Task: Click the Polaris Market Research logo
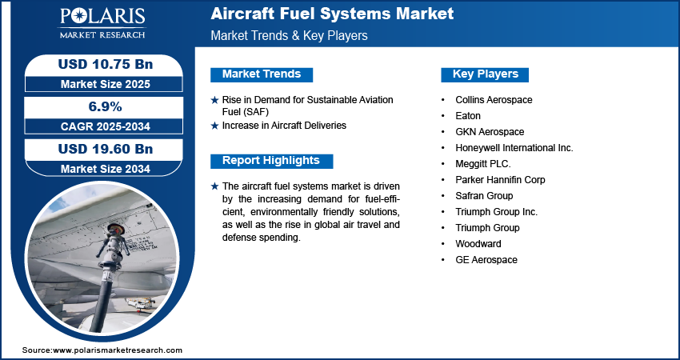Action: coord(102,23)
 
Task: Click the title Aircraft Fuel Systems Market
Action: coord(332,14)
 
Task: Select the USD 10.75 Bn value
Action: coord(106,64)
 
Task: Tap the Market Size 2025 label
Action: coord(106,84)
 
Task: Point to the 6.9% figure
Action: coord(106,106)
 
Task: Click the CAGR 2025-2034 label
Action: coord(106,126)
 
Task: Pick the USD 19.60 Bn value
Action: coord(106,150)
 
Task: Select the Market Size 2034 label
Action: coord(106,169)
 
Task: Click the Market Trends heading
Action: coord(262,74)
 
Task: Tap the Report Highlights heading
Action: coord(271,161)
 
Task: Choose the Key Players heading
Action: coord(486,74)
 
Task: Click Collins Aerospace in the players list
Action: coord(494,100)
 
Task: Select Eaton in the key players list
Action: coord(468,116)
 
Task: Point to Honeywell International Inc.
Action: coord(514,148)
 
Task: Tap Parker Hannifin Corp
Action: coord(500,179)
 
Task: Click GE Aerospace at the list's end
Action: coord(486,260)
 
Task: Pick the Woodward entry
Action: coord(478,244)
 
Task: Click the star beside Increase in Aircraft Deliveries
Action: coord(214,126)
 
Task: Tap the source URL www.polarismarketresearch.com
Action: coord(118,350)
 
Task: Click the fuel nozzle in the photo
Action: coord(113,247)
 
